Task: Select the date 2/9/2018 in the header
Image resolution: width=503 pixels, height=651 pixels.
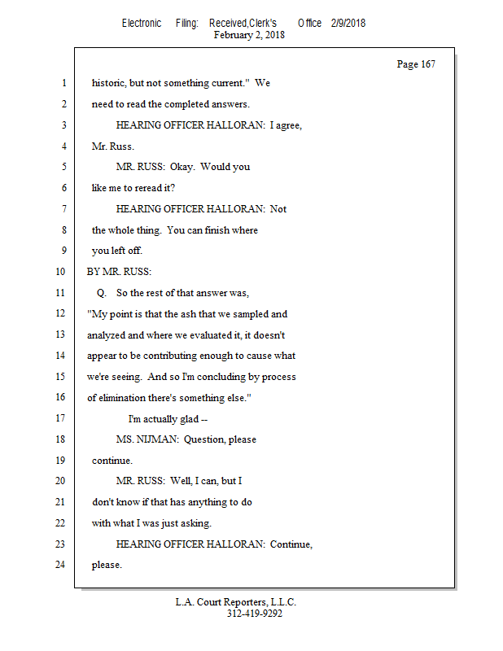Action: (348, 23)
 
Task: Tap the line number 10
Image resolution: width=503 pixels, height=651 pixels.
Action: (59, 272)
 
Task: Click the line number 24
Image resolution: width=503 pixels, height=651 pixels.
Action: (59, 565)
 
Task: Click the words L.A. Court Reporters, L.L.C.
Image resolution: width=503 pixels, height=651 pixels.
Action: (236, 602)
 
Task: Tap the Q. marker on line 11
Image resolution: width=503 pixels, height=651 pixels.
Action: (102, 293)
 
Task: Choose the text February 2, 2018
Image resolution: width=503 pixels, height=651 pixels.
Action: (249, 35)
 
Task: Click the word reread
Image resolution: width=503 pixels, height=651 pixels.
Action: (157, 188)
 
